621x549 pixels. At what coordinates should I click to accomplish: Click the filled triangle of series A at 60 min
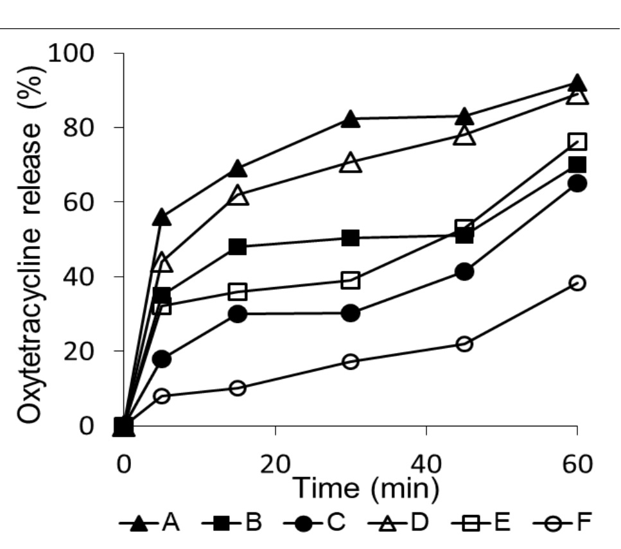pos(577,83)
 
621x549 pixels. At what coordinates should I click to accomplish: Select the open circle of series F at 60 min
pos(577,283)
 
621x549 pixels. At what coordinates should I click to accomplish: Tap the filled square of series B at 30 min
pos(350,238)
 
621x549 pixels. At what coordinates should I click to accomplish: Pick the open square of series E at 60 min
pos(577,142)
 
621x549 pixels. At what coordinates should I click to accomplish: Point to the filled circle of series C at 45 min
pos(464,272)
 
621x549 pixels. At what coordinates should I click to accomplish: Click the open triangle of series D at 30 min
pos(350,163)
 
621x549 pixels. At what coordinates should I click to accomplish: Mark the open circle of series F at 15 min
pos(237,388)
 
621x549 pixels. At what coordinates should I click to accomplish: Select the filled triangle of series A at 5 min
pos(162,218)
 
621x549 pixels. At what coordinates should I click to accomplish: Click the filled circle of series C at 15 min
pos(237,314)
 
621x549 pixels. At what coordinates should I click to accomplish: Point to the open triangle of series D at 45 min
pos(464,136)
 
